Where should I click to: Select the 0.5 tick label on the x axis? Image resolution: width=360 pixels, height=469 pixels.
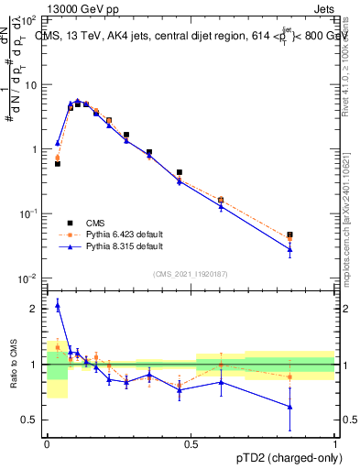pos(191,443)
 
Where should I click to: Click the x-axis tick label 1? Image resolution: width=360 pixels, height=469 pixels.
pos(336,443)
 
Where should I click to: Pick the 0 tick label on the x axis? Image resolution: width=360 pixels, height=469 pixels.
pos(47,443)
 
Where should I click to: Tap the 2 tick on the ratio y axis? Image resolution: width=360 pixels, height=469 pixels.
pos(36,309)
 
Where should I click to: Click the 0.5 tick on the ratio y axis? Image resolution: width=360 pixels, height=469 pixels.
pos(30,420)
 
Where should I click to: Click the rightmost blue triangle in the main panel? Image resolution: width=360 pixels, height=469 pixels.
pos(290,249)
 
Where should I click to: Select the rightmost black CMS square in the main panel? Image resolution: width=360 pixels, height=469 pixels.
pos(290,235)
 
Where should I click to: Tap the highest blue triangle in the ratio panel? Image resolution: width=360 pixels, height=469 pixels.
pos(58,305)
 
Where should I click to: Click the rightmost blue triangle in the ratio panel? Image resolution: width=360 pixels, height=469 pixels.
pos(290,407)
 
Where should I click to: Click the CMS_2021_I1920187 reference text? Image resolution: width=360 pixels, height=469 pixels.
pos(191,273)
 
